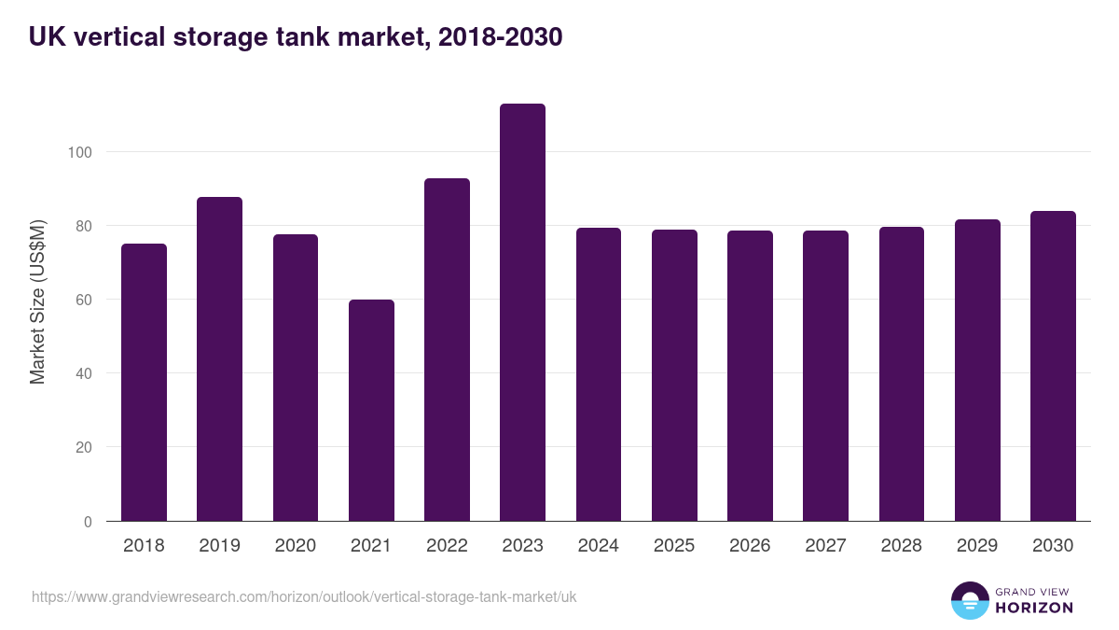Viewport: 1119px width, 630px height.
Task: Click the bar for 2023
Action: [522, 313]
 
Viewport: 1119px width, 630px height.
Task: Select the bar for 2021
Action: [371, 411]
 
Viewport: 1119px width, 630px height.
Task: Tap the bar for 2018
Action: [144, 383]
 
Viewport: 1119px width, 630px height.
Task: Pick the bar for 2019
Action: [219, 359]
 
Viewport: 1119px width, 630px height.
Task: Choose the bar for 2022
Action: [447, 350]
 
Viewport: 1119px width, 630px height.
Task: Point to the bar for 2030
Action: [1053, 366]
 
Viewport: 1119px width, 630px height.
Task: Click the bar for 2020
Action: [296, 378]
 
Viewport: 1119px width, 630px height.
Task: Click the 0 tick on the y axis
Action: [88, 522]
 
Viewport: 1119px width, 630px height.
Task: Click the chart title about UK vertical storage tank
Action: [296, 37]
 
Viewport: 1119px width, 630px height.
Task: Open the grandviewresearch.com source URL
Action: [304, 596]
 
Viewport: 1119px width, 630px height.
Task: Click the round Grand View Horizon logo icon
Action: [969, 600]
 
